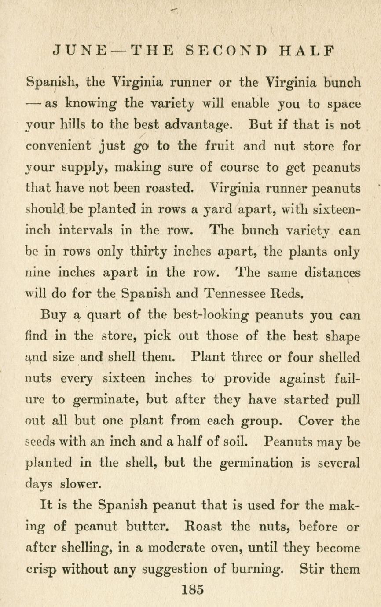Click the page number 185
coord(193,589)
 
